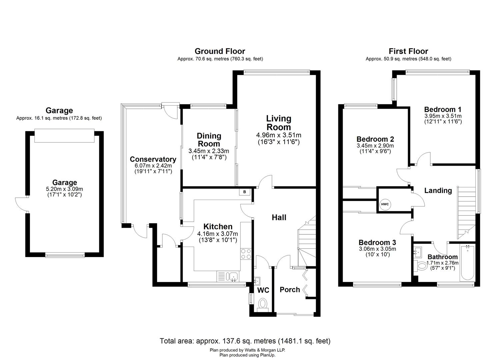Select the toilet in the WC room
coord(263,305)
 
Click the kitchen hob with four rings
coord(246,254)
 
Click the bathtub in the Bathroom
coord(467,263)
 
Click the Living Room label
coord(279,123)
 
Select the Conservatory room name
coord(153,159)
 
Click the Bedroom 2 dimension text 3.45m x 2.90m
coord(375,146)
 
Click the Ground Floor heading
coord(220,51)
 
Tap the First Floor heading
coord(408,51)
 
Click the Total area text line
coord(245,341)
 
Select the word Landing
coord(438,190)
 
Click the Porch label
coord(290,290)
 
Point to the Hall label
coord(279,217)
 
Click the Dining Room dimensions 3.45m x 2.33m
coord(209,151)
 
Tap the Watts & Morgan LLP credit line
coord(247,350)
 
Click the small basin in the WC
coord(257,281)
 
